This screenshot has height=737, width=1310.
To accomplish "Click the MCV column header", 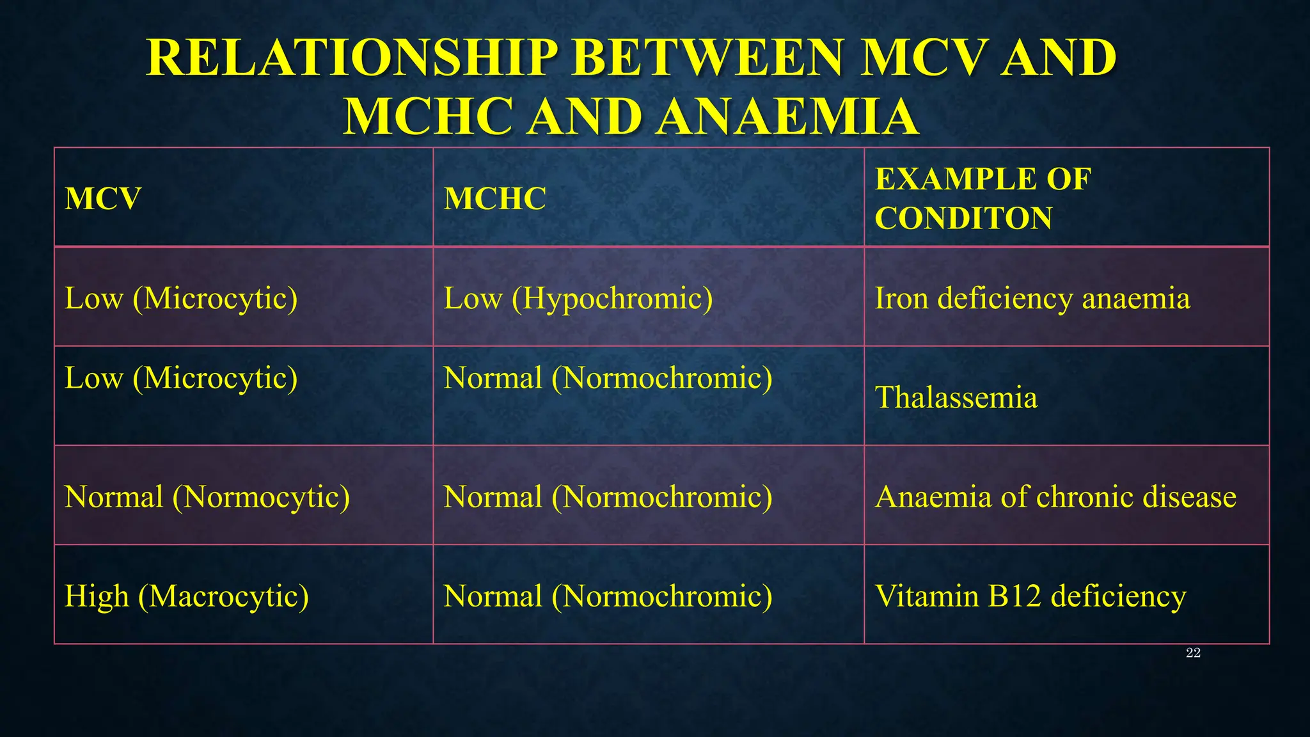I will (x=102, y=198).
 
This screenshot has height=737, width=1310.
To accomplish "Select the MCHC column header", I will (x=494, y=198).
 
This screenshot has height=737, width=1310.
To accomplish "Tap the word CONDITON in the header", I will (x=963, y=218).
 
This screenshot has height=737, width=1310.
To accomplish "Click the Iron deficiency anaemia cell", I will (x=1032, y=298).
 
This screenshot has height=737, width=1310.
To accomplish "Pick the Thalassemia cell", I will (x=956, y=397).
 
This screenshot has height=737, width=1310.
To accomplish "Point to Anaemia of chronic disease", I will (x=1055, y=497).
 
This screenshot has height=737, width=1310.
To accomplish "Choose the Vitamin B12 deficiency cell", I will (x=1030, y=596).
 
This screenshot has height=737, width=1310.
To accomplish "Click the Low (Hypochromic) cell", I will (x=578, y=298).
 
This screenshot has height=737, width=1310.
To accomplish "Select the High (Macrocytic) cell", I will (x=186, y=596).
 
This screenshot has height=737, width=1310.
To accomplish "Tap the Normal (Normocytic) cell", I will (x=207, y=497).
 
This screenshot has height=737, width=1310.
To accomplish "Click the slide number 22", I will (x=1193, y=653).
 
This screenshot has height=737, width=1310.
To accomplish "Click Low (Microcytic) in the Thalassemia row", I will (x=180, y=378).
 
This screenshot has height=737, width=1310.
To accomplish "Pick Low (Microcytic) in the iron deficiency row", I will (x=180, y=298).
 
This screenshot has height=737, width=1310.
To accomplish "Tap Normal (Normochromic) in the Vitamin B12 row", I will (x=608, y=596).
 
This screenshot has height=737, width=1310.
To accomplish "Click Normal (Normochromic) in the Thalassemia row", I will (x=608, y=378).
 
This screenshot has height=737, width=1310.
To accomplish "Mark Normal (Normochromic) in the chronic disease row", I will (x=608, y=497).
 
